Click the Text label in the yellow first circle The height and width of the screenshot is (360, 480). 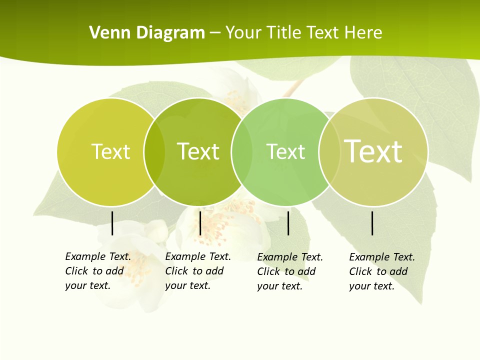pos(110,151)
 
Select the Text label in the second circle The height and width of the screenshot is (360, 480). pos(198,151)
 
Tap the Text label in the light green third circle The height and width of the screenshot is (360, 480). pos(285,151)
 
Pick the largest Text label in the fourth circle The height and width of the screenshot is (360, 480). pos(373,151)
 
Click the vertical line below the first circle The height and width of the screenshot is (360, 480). pos(112,223)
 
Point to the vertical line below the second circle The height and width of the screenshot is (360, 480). pos(200,223)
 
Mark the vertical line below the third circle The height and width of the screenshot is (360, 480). pos(288,223)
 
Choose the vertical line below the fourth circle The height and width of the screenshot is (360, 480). pos(372,223)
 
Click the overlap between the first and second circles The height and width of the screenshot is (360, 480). pos(154,151)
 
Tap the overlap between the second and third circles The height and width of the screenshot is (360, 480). pos(242,151)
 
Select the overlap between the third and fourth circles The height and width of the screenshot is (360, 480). pos(329,151)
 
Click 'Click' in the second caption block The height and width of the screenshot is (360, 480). pos(176,271)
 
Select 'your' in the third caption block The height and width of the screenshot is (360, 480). pos(268,286)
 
